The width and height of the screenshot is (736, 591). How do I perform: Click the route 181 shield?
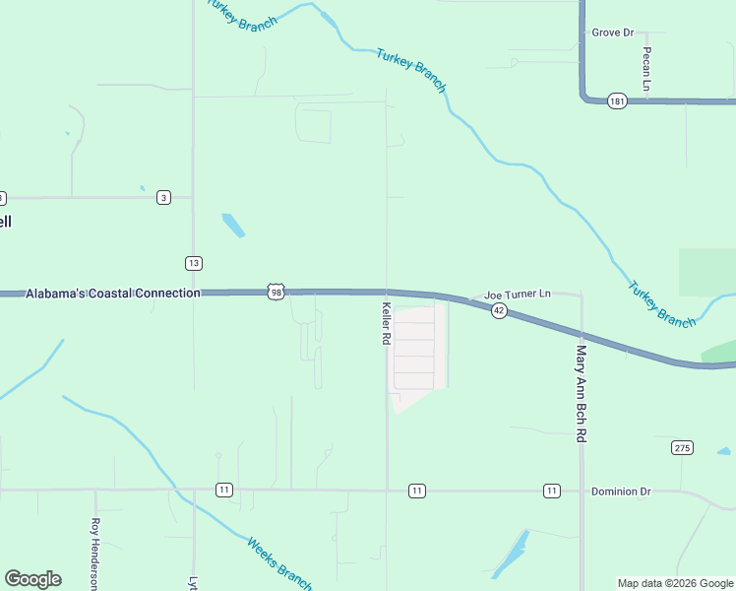[617, 101]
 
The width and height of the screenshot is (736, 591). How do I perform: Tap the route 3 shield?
[163, 198]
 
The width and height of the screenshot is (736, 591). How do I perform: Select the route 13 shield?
[194, 263]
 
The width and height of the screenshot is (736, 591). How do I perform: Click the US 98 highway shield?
[276, 293]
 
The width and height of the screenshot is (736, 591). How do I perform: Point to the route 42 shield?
[499, 311]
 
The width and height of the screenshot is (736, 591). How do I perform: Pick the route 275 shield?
[683, 447]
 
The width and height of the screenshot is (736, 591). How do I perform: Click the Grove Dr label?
[613, 33]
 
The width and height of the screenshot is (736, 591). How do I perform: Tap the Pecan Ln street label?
[646, 69]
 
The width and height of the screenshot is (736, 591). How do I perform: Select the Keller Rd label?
[387, 322]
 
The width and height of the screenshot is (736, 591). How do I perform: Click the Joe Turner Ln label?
[518, 295]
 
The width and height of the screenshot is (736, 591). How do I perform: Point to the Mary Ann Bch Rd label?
[582, 391]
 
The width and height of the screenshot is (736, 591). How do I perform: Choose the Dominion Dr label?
[621, 491]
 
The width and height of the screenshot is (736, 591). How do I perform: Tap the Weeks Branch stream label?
[279, 558]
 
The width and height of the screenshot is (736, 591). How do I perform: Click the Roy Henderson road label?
[95, 554]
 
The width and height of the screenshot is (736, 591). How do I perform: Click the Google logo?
[32, 579]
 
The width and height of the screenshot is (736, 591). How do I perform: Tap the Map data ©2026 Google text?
[674, 583]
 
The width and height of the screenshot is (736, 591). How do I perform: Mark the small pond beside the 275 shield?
[723, 452]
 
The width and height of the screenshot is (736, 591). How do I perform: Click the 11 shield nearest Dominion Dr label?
[551, 491]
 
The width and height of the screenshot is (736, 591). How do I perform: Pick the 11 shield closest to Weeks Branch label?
[224, 491]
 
